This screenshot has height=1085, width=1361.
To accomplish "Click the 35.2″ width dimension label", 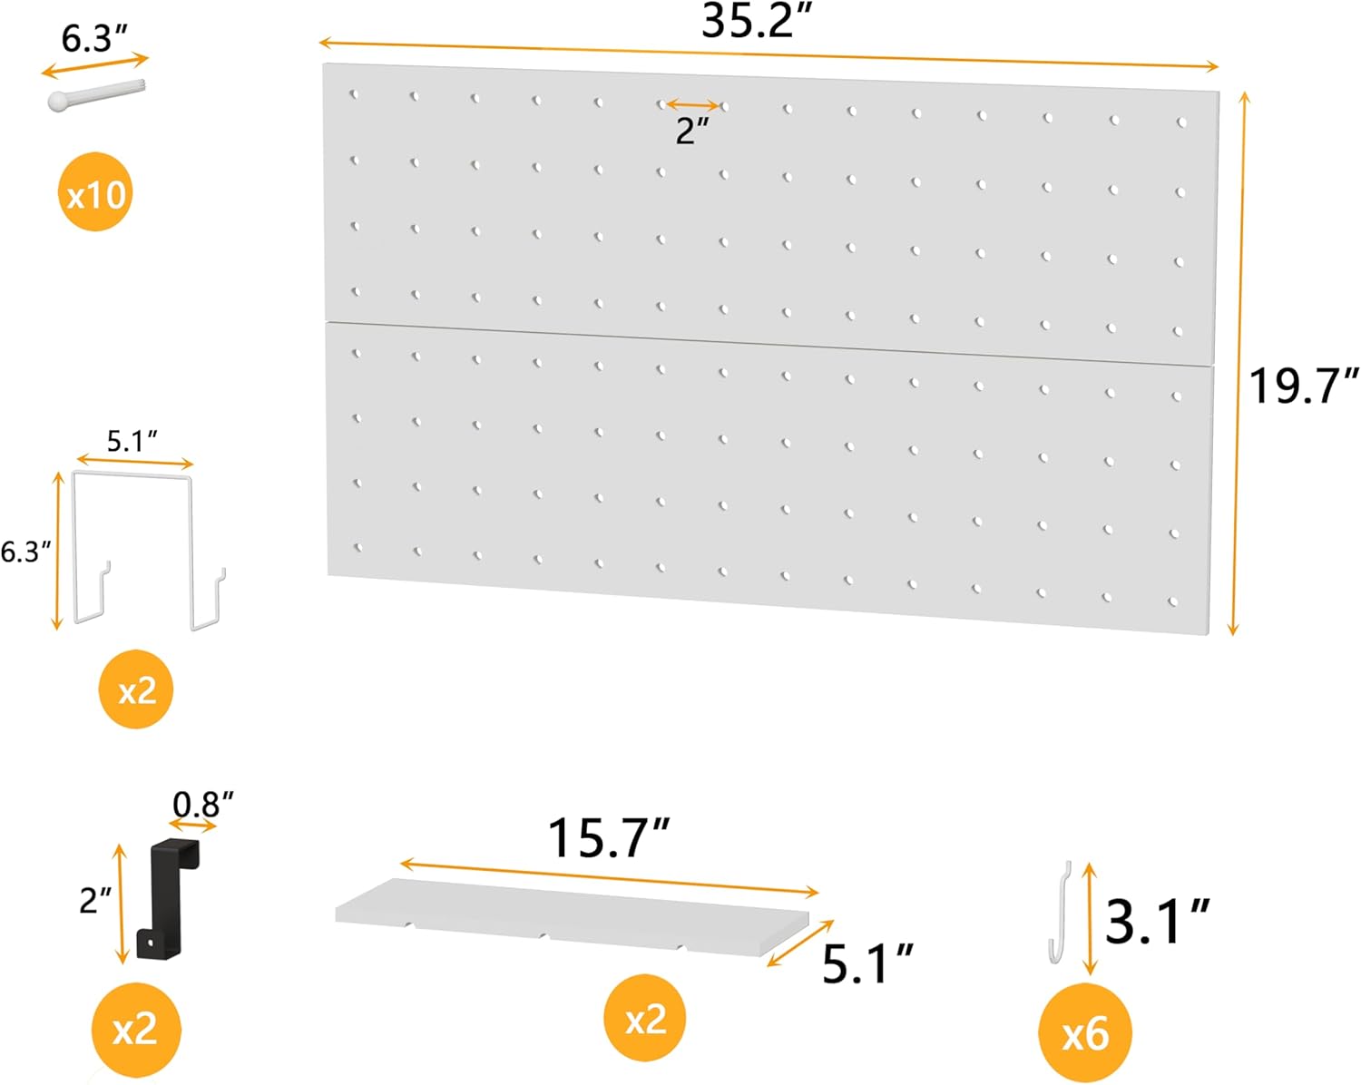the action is [756, 21].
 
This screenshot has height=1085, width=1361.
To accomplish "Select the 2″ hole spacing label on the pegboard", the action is [692, 131].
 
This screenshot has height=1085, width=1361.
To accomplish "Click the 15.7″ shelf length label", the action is [609, 838].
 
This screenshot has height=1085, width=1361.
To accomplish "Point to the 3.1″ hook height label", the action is [1157, 921].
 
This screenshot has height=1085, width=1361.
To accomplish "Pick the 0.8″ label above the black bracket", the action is [202, 805].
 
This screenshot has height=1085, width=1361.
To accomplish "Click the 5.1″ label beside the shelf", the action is [867, 963].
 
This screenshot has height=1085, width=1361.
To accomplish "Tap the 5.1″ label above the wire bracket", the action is [132, 441].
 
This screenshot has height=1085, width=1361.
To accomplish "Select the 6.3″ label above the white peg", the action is [94, 38].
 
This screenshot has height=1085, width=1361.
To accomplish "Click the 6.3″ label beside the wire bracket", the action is [25, 552].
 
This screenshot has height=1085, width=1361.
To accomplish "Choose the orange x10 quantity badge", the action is [95, 191].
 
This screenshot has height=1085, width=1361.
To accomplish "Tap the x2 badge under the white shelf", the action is [645, 1017].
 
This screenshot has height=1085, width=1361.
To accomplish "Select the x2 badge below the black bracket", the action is [136, 1030].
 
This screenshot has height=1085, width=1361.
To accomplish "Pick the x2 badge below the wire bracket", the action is [136, 689].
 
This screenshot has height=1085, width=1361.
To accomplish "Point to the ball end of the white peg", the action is [57, 102].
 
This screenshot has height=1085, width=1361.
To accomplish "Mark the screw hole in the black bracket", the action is [150, 942].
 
